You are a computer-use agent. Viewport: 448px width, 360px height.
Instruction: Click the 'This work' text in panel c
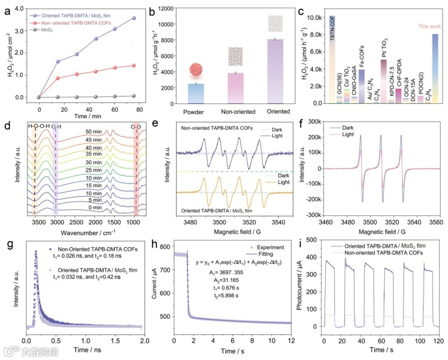click(x=429, y=27)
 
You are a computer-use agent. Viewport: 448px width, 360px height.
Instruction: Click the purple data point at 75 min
click(x=133, y=18)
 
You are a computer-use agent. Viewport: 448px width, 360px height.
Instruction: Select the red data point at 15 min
click(x=58, y=78)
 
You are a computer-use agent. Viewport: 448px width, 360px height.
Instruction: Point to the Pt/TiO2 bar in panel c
click(x=383, y=81)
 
